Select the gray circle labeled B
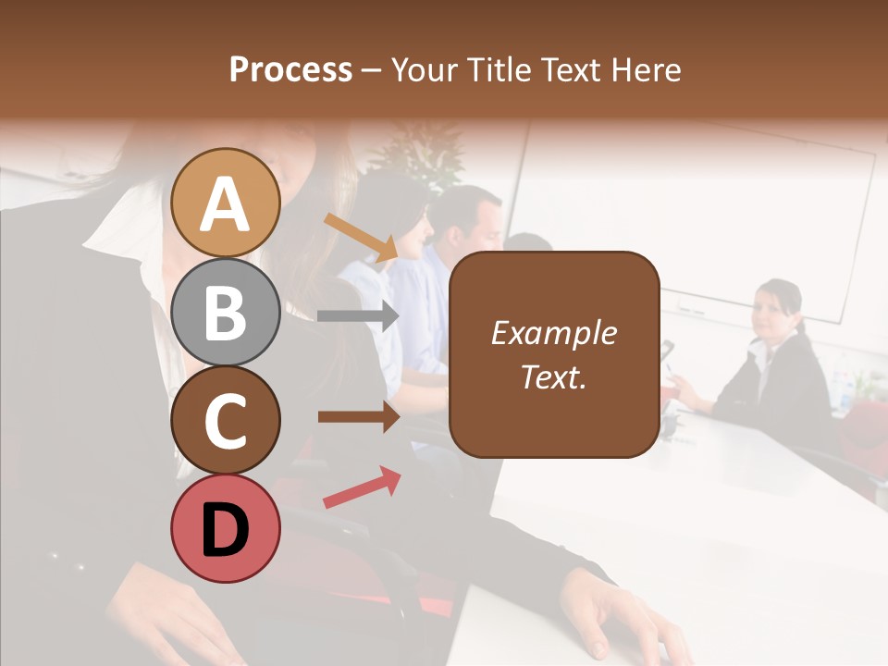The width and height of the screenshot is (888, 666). (225, 312)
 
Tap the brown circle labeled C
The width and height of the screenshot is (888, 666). (225, 420)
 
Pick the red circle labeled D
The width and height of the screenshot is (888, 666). (225, 528)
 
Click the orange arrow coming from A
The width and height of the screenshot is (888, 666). (361, 237)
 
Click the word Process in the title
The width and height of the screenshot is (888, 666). (290, 70)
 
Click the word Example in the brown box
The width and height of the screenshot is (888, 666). (553, 333)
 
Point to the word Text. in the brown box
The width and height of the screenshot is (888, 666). (553, 376)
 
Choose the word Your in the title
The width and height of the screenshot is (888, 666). (426, 70)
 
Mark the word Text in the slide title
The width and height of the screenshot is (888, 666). (570, 70)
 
